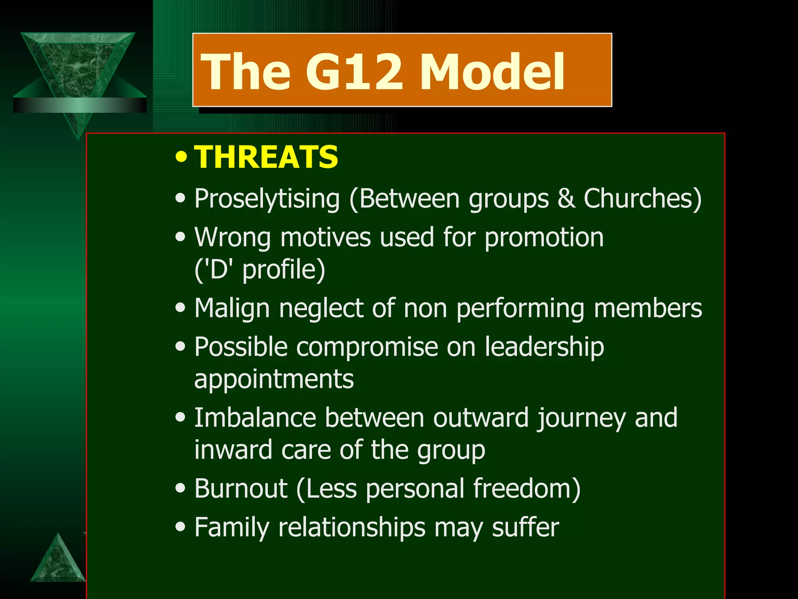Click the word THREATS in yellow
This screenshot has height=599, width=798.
click(x=266, y=157)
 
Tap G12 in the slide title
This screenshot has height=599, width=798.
click(x=353, y=72)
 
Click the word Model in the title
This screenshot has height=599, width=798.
click(x=492, y=72)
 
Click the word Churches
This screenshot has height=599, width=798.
click(x=642, y=199)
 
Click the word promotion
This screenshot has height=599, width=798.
click(x=544, y=238)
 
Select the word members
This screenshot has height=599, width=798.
click(x=648, y=308)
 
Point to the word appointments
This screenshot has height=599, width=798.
click(x=274, y=379)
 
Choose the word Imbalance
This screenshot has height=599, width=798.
click(x=255, y=418)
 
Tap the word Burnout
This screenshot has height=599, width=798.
click(x=241, y=489)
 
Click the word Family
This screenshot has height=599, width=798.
click(x=232, y=528)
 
